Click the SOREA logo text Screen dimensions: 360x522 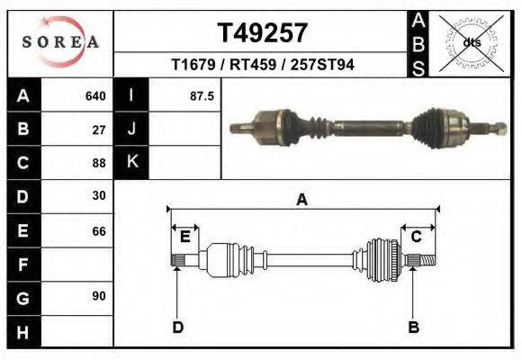[60, 42]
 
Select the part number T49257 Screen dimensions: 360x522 [263, 33]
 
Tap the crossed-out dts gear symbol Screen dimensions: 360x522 [471, 42]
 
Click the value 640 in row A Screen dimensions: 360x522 [95, 95]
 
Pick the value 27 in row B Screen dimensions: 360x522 [99, 129]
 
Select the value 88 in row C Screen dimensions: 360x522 [99, 163]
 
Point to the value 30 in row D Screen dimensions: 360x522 [99, 195]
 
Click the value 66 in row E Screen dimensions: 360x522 [99, 231]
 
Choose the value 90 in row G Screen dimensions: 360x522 [99, 296]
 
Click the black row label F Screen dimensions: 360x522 [22, 265]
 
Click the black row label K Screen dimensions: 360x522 [132, 163]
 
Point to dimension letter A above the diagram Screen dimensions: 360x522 [301, 200]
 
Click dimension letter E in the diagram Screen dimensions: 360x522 [184, 237]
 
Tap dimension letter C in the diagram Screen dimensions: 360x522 [417, 237]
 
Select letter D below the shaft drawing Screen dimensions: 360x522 [177, 327]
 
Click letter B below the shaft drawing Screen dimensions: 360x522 [414, 327]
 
